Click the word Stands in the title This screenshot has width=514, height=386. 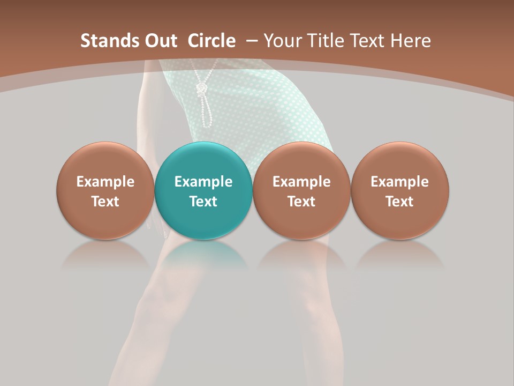coord(106,41)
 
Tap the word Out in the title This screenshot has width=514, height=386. coord(159,41)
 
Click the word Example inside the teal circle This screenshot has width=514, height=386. coord(203,182)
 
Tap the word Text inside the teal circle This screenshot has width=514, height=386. coord(203,202)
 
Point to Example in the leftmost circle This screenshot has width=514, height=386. coord(105,182)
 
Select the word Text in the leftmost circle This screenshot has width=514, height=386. coord(105,202)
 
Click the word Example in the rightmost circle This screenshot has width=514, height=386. coord(399,182)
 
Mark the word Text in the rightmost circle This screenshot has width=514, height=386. coord(399,202)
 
